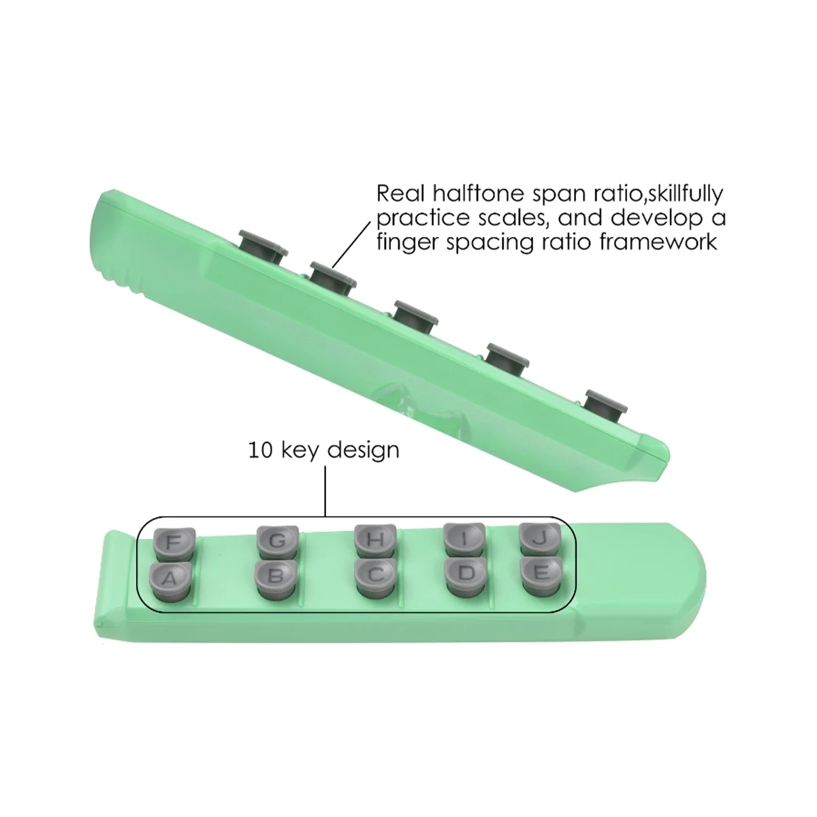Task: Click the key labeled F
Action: point(173,542)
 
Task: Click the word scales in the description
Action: point(526,218)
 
